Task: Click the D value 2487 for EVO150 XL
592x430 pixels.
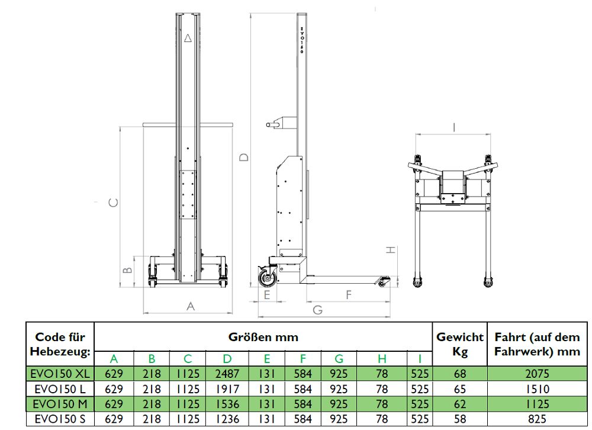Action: [227, 374]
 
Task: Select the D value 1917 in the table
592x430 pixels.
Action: [227, 389]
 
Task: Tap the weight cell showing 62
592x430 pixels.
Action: [460, 404]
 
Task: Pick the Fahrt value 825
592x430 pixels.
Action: [537, 419]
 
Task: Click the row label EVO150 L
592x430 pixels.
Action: [60, 389]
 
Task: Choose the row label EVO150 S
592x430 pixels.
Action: [60, 419]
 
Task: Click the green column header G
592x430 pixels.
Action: [339, 358]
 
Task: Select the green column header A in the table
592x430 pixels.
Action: [114, 358]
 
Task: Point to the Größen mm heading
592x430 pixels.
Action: [263, 337]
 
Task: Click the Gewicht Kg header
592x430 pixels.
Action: [460, 344]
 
